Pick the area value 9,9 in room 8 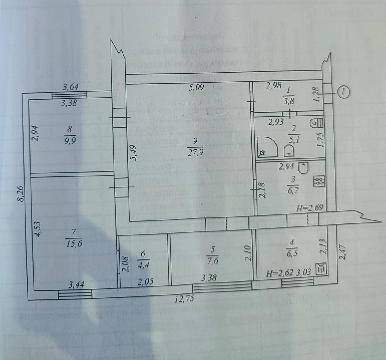coord(70,140)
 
